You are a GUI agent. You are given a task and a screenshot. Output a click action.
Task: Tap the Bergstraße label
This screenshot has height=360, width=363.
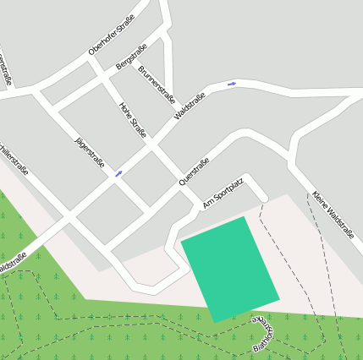pos(131,55)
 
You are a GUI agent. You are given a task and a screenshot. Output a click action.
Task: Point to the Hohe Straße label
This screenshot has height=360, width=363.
pos(134,119)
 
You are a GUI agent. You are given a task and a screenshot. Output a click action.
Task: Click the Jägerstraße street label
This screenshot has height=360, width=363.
pos(89,150)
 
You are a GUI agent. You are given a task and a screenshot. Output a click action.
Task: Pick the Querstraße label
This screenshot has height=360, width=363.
pos(194,172)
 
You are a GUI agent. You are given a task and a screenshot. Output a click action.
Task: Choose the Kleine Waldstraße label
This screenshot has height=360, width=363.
pos(333,215)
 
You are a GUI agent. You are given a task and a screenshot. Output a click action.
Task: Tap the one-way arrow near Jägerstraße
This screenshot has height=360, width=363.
pos(118,173)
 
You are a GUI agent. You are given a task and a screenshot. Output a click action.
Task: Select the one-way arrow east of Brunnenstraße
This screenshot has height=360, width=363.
pos(231,84)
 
